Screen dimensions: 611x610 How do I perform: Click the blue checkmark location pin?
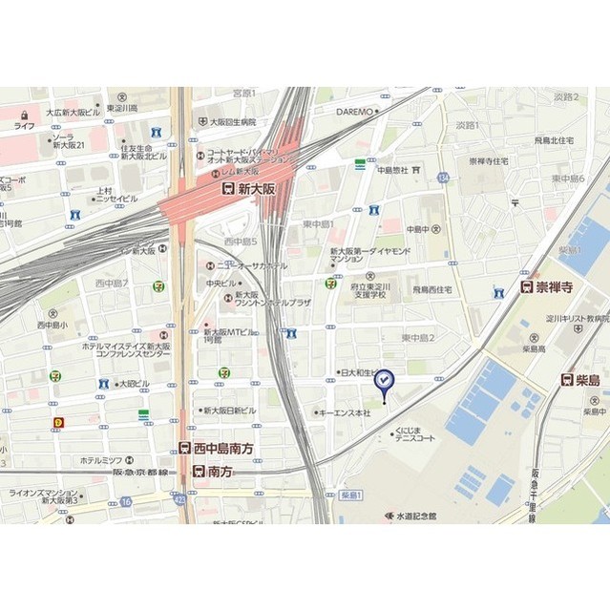[384, 381]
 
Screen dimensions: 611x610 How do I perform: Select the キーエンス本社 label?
[345, 412]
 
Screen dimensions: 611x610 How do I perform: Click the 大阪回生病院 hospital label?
[228, 122]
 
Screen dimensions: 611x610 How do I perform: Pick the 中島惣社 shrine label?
[391, 170]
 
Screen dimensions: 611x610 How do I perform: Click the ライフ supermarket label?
[24, 125]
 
